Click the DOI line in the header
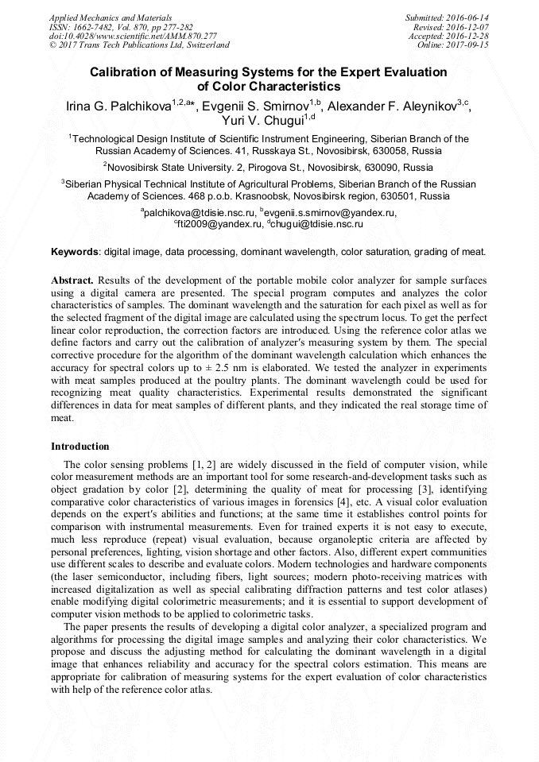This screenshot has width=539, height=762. click(x=133, y=36)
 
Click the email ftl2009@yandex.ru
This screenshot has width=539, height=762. click(x=220, y=225)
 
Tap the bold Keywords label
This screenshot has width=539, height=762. click(x=75, y=252)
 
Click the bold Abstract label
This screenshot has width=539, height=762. click(x=72, y=281)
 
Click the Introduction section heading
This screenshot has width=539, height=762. click(x=80, y=447)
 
